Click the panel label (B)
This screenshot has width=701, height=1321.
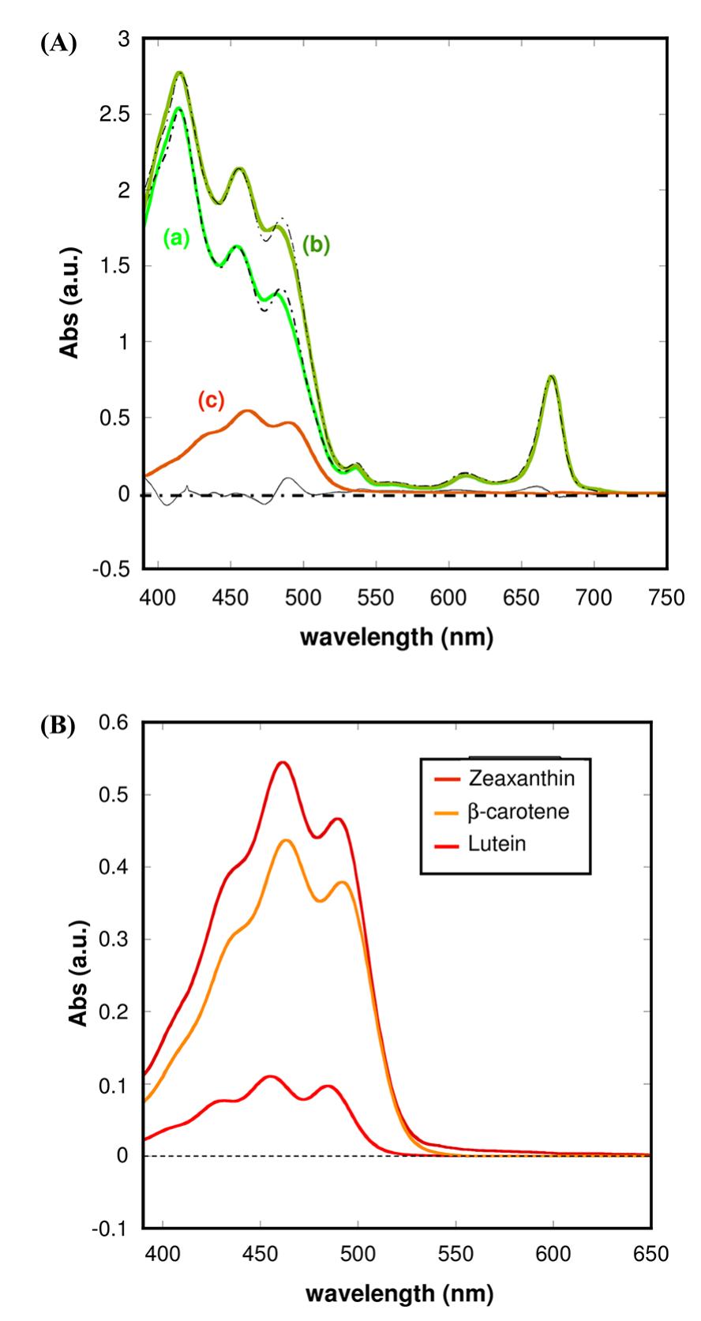tap(58, 726)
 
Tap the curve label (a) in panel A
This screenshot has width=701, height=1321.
tap(177, 236)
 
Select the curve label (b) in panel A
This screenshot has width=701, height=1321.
tap(316, 245)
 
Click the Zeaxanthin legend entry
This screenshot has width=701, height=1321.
tap(522, 778)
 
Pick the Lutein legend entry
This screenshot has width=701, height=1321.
tap(497, 844)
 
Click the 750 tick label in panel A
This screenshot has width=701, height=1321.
tap(667, 598)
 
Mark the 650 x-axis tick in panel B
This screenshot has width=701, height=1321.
tap(651, 1253)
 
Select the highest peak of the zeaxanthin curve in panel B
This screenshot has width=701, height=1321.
tap(283, 763)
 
